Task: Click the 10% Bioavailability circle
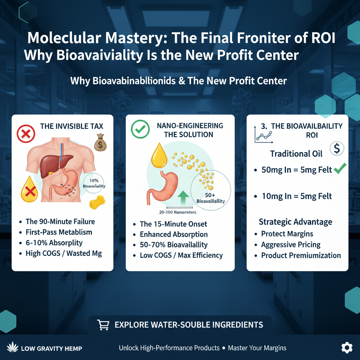94,183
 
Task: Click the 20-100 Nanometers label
177,212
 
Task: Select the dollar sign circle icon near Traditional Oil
336,149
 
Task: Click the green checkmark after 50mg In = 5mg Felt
340,169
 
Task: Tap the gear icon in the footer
347,348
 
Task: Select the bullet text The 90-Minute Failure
60,221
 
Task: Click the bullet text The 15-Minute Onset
173,224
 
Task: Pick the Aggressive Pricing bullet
291,245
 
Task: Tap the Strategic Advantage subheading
295,222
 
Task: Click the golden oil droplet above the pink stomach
159,156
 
